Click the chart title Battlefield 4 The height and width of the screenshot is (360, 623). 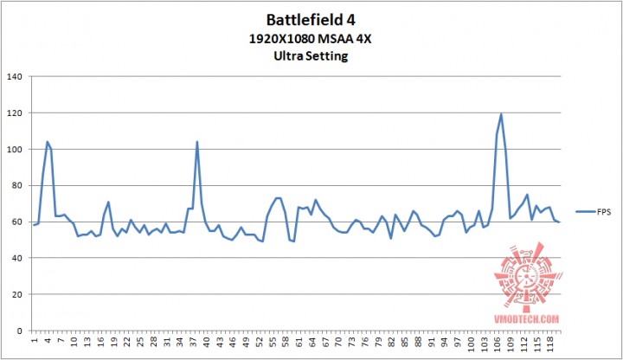coord(311,19)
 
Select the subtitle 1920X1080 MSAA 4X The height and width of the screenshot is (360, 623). coord(311,39)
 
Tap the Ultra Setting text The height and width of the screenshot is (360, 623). coord(311,56)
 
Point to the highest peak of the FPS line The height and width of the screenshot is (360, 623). coord(501,114)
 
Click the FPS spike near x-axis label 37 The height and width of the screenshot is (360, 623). coord(197,142)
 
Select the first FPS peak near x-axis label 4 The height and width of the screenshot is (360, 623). coord(47,142)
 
